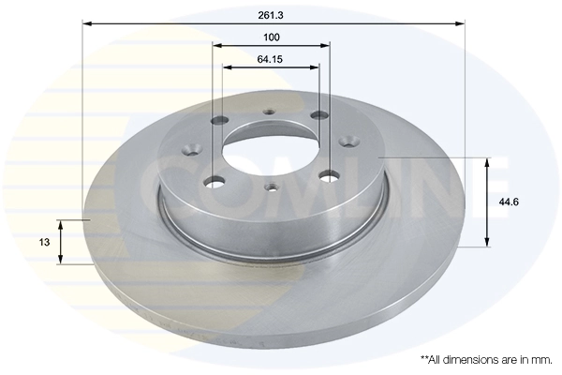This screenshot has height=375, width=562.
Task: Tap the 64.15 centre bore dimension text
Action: (272, 59)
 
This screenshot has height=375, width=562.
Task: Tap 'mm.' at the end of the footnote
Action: (540, 360)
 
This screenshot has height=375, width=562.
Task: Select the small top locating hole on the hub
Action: (270, 112)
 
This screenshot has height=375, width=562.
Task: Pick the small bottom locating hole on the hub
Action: (272, 186)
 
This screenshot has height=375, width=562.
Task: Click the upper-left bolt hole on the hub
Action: (223, 120)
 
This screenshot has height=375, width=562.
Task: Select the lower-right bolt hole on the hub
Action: (328, 173)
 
